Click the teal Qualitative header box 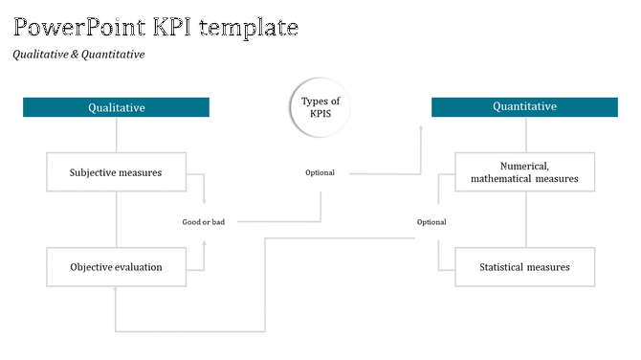(x=116, y=107)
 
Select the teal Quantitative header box (x=524, y=107)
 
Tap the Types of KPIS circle (x=320, y=107)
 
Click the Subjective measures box (x=116, y=172)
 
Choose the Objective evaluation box (x=116, y=267)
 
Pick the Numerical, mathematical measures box (x=524, y=171)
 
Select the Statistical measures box (x=524, y=267)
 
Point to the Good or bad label (x=204, y=222)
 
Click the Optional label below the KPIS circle (x=320, y=172)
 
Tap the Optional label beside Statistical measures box (x=431, y=222)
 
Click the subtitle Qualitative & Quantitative (x=78, y=55)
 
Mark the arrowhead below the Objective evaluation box (x=116, y=292)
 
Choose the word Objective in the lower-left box (x=94, y=267)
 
